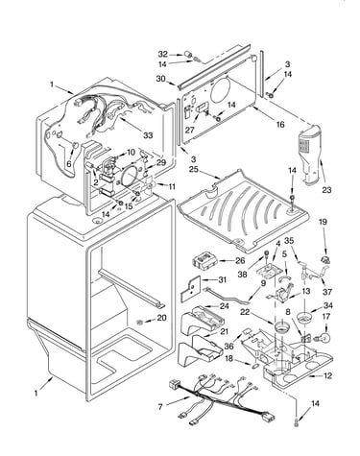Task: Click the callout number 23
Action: (x=326, y=190)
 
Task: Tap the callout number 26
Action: (x=240, y=261)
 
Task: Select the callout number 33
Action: (x=148, y=135)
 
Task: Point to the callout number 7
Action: (x=160, y=407)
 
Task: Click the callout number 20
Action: (x=161, y=318)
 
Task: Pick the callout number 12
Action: (x=327, y=375)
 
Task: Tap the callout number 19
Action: (x=323, y=222)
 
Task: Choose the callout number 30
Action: (x=161, y=79)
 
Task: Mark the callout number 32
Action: (x=163, y=54)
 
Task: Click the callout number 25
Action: (x=194, y=169)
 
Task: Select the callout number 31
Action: (x=222, y=279)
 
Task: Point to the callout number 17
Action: (x=326, y=317)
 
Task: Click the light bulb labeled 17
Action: (x=323, y=337)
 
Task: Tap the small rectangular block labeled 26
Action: (x=204, y=260)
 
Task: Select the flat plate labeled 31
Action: (x=190, y=288)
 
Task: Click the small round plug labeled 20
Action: (x=140, y=322)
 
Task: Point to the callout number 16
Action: (x=280, y=124)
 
